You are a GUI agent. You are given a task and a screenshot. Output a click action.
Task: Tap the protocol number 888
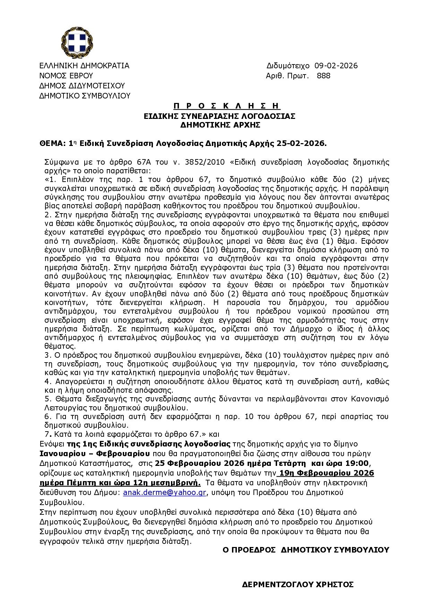coord(323,76)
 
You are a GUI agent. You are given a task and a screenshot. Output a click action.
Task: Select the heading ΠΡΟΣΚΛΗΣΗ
coord(227,106)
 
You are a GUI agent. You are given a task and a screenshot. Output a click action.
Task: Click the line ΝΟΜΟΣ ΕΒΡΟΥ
coord(66,76)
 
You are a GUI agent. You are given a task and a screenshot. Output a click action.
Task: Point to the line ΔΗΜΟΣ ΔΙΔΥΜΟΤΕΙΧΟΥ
coord(82,86)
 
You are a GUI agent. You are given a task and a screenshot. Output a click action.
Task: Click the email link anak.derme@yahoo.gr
coord(164,493)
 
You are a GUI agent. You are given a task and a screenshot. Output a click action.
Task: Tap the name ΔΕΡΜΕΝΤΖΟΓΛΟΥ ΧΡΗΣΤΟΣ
coord(298,585)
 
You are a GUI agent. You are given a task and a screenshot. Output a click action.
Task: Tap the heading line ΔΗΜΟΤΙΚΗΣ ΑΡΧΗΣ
coord(220,125)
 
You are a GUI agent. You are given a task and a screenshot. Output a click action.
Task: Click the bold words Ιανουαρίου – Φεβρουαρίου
coord(95,454)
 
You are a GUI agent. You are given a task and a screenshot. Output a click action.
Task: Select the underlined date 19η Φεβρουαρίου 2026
coord(327,473)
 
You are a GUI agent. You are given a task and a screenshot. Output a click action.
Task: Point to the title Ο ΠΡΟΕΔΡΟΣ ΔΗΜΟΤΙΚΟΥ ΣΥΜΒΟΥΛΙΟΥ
coord(306,550)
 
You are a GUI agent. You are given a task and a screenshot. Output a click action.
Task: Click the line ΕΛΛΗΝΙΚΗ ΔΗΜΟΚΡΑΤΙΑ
coord(84,66)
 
